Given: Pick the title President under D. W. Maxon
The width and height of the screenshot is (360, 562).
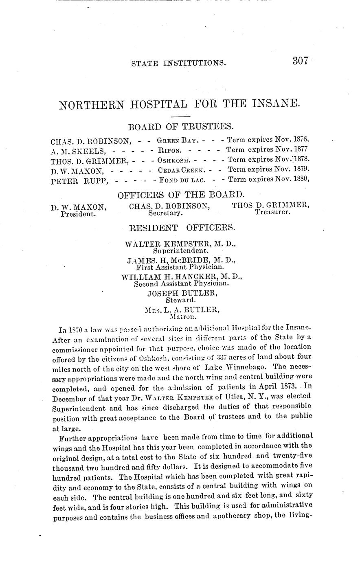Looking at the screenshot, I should (x=78, y=213).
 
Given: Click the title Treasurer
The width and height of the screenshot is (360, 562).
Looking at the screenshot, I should (x=272, y=213).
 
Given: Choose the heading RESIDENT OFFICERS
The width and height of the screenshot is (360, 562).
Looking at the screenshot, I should (x=182, y=227).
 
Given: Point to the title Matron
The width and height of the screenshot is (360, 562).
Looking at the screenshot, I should (x=182, y=316).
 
